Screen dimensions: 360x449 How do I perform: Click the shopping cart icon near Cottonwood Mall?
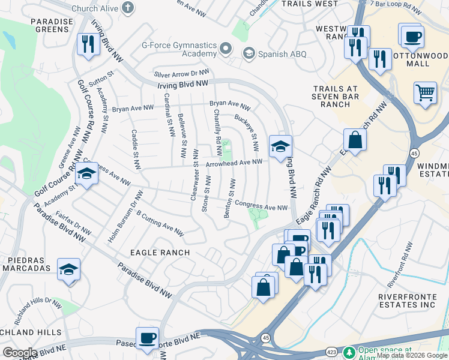tap(425, 93)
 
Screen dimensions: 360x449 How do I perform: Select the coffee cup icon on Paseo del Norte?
tap(147, 338)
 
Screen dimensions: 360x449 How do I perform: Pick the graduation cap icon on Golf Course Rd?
tap(86, 174)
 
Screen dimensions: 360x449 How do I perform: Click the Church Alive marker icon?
tap(127, 8)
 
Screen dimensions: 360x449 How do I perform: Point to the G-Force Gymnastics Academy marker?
tap(226, 48)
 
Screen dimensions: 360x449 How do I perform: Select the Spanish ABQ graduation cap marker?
tap(247, 54)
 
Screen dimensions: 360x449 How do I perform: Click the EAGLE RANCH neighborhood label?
tap(160, 253)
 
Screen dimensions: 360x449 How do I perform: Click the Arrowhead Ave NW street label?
tap(234, 162)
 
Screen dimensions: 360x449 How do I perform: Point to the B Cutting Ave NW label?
tap(160, 223)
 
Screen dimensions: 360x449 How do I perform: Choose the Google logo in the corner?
tap(20, 353)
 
